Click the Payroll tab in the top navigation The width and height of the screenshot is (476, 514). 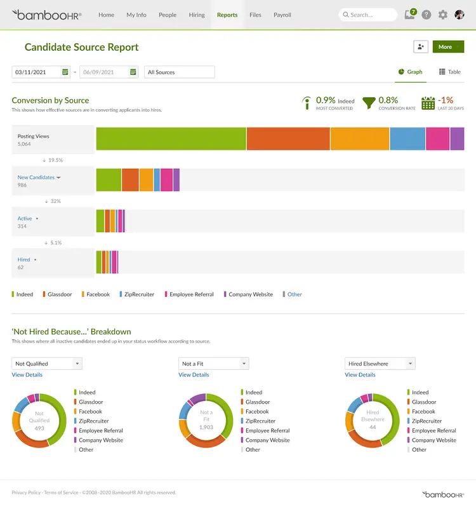[x=282, y=15]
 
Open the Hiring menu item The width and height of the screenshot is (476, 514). [x=197, y=15]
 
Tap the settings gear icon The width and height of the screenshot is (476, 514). [x=442, y=15]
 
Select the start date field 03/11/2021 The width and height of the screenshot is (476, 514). [x=37, y=72]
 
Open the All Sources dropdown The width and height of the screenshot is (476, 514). [x=179, y=72]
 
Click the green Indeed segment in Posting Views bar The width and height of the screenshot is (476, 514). [x=171, y=139]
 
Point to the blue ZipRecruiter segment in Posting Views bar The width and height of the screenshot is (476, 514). [x=407, y=139]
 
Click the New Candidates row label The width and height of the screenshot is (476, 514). [x=36, y=178]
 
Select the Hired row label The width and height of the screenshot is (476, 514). [x=24, y=260]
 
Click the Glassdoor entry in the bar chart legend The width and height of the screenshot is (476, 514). [x=60, y=294]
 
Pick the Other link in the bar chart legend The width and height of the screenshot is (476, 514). [x=294, y=294]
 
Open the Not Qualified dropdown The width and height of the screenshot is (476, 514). [x=47, y=364]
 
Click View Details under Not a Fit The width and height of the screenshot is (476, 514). [x=194, y=375]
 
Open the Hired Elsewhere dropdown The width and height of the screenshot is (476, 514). [x=380, y=364]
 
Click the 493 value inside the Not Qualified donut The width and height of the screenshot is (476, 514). [x=39, y=428]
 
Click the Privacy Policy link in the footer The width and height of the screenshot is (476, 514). [x=26, y=492]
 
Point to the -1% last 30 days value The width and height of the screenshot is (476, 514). [x=446, y=100]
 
